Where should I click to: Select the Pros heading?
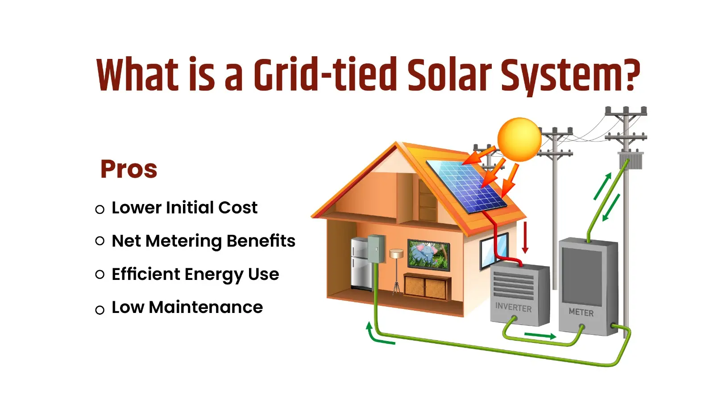point(129,169)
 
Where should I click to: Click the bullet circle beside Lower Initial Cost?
point(100,209)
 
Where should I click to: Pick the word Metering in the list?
point(183,241)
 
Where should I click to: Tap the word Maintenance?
point(206,307)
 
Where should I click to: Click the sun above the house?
point(519,139)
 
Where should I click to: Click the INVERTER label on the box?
point(513,308)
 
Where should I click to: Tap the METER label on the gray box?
point(581,312)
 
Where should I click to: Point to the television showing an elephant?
point(428,255)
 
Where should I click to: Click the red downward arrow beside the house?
point(525,237)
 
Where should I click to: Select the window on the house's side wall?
point(494,250)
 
